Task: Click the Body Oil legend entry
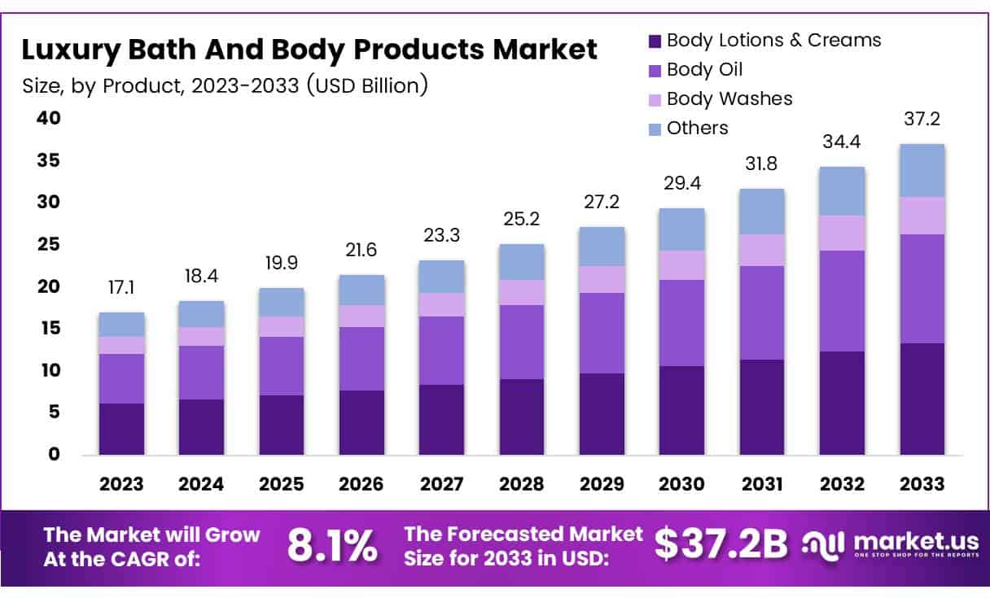point(703,70)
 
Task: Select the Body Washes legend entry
point(728,99)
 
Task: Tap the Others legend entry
point(696,129)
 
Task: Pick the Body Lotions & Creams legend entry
point(772,41)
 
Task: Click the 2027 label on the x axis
point(442,483)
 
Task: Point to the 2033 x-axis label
point(922,483)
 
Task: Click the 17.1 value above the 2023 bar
point(121,289)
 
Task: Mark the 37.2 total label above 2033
point(922,120)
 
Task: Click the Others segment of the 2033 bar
point(922,170)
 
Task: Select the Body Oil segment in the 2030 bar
point(681,322)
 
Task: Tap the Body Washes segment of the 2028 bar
point(522,292)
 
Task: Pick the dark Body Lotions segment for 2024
point(201,426)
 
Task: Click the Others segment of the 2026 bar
point(361,290)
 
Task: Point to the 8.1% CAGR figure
point(332,546)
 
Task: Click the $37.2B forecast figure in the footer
point(721,546)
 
